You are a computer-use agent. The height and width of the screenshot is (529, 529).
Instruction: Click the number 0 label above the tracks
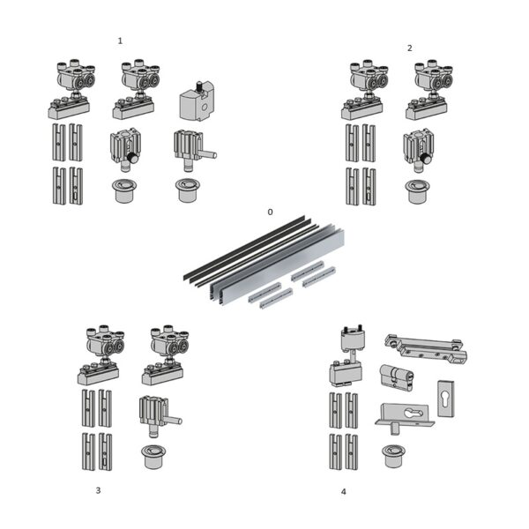(x=271, y=212)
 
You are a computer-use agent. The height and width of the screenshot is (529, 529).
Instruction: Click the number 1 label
(x=120, y=41)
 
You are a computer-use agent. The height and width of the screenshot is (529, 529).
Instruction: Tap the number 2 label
(x=409, y=48)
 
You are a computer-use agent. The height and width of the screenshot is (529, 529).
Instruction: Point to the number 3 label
(x=98, y=490)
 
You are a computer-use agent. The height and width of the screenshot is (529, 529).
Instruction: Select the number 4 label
(x=343, y=491)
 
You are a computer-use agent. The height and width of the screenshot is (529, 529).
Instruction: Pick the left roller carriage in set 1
(x=69, y=89)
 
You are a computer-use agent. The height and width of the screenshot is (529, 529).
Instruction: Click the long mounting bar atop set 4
(x=425, y=348)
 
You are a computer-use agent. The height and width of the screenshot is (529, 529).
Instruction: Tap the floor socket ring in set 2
(x=417, y=190)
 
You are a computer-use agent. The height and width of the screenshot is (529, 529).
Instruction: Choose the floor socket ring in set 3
(x=153, y=456)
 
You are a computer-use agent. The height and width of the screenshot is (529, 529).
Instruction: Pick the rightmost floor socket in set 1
(x=187, y=190)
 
